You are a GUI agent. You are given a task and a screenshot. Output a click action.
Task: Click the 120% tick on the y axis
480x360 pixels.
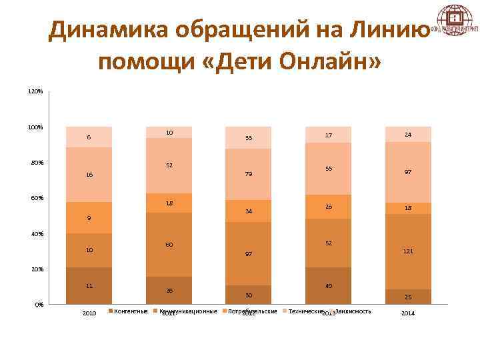[35, 91]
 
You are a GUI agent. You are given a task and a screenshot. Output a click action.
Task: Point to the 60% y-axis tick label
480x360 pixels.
[36, 198]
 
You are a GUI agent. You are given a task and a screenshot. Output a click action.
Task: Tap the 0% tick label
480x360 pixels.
[39, 305]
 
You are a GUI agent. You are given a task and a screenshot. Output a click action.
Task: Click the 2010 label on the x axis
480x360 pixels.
[89, 313]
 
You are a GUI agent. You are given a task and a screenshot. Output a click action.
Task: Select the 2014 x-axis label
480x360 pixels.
[407, 313]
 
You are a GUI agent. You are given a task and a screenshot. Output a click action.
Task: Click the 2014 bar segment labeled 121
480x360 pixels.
[408, 252]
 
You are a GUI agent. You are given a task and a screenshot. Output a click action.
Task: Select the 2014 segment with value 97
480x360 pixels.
[408, 172]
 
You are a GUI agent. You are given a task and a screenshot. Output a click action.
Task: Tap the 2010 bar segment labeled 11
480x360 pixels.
[89, 285]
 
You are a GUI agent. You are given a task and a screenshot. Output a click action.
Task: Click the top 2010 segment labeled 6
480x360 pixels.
[89, 137]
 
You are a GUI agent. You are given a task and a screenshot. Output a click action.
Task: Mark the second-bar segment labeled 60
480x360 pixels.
[169, 245]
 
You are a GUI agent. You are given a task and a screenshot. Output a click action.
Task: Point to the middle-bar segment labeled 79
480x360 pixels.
[249, 174]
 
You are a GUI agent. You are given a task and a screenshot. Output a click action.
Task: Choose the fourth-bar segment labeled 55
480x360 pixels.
[328, 169]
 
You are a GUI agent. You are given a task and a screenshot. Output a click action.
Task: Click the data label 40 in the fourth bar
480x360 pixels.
[329, 286]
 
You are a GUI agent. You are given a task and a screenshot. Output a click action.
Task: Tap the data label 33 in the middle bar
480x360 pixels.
[249, 138]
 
